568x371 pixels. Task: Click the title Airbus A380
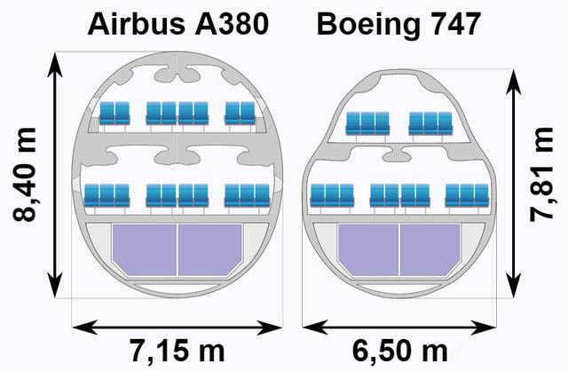[x=177, y=24]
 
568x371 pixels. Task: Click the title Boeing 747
[x=398, y=24]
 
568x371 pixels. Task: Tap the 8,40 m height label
[x=25, y=174]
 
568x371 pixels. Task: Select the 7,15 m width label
[x=177, y=351]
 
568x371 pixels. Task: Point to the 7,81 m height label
[x=541, y=174]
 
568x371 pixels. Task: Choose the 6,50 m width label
[x=400, y=351]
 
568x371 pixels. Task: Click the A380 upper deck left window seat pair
[x=114, y=114]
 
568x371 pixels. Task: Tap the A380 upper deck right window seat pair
[x=241, y=114]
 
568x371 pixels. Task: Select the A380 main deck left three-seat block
[x=106, y=195]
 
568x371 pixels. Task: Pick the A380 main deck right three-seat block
[x=248, y=195]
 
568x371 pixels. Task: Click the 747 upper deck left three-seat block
[x=367, y=124]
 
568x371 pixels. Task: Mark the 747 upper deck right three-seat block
[x=430, y=124]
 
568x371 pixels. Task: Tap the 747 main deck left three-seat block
[x=332, y=195]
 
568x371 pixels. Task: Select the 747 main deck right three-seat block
[x=467, y=195]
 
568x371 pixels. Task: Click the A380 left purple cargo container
[x=144, y=249]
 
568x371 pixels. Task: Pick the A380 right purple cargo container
[x=210, y=249]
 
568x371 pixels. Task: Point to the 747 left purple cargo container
[x=368, y=250]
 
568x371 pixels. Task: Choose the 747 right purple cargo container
[x=430, y=250]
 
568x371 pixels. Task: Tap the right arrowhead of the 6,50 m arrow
[x=484, y=328]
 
